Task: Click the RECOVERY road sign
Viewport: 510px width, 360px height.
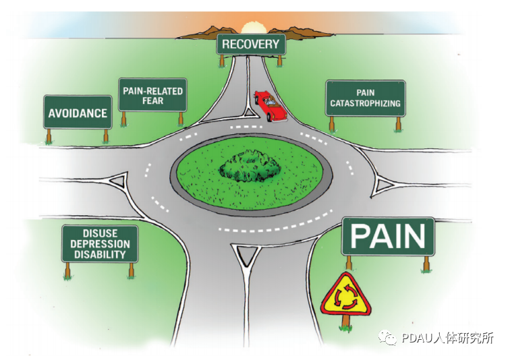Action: pyautogui.click(x=251, y=44)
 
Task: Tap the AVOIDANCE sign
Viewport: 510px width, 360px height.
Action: pyautogui.click(x=78, y=112)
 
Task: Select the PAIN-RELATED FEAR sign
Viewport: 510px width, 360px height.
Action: pyautogui.click(x=152, y=95)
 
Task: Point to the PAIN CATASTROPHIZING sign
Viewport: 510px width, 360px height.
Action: pyautogui.click(x=365, y=98)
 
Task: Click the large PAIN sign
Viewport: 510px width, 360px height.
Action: pyautogui.click(x=388, y=236)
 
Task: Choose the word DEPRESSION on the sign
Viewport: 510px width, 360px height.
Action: pyautogui.click(x=100, y=244)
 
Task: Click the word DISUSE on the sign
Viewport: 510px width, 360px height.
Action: pyautogui.click(x=100, y=233)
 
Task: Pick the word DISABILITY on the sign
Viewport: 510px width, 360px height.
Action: pyautogui.click(x=100, y=254)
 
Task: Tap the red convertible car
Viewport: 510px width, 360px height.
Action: pyautogui.click(x=271, y=105)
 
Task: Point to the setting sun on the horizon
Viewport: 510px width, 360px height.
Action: pyautogui.click(x=250, y=28)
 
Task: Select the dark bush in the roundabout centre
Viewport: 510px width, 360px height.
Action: pyautogui.click(x=250, y=165)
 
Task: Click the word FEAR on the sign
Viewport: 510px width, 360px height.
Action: pyautogui.click(x=152, y=100)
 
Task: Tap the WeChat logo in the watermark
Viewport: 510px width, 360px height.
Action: pyautogui.click(x=387, y=338)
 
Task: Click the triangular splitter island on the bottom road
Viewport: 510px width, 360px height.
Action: pyautogui.click(x=246, y=256)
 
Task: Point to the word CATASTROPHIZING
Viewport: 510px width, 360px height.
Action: pyautogui.click(x=365, y=103)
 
